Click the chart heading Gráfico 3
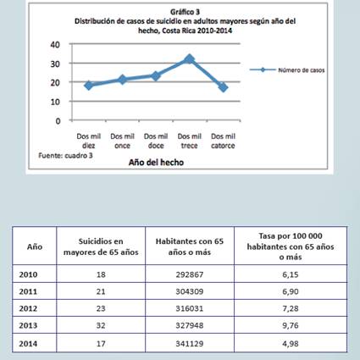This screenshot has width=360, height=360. [x=185, y=12]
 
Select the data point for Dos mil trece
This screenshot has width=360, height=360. [x=190, y=59]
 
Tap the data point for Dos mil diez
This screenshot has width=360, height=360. [x=89, y=86]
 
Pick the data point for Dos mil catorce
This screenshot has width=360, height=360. [x=223, y=87]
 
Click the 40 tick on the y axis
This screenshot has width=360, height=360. [x=55, y=45]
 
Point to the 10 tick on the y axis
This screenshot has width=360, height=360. [x=55, y=102]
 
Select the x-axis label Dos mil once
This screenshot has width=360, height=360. [x=122, y=141]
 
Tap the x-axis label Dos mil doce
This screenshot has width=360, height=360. [x=156, y=141]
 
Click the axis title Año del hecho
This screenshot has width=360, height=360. [x=156, y=163]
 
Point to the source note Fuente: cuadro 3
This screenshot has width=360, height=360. [x=65, y=156]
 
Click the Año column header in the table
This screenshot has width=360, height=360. [x=35, y=246]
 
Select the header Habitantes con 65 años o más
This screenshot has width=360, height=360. [x=190, y=246]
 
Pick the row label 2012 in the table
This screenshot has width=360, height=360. [x=28, y=308]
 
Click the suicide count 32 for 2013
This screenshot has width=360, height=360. [x=101, y=325]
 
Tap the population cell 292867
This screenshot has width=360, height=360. [x=190, y=274]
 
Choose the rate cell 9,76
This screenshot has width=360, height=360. [x=291, y=325]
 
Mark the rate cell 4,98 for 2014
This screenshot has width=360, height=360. [x=291, y=344]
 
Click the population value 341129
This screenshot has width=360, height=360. [x=190, y=344]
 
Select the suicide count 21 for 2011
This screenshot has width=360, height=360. [x=101, y=291]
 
